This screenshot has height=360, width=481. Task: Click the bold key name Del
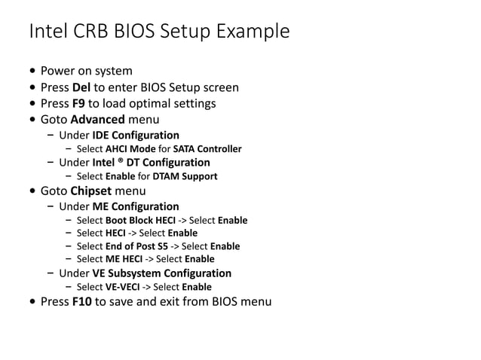pyautogui.click(x=81, y=87)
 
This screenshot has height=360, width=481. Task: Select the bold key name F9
pyautogui.click(x=78, y=103)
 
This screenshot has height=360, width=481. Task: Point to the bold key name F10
pyautogui.click(x=81, y=302)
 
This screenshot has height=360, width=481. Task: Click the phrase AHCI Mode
pyautogui.click(x=130, y=149)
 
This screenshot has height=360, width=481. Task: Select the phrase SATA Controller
pyautogui.click(x=207, y=149)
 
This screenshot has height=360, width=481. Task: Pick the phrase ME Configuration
pyautogui.click(x=136, y=206)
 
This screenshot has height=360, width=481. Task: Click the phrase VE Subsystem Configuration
pyautogui.click(x=161, y=273)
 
